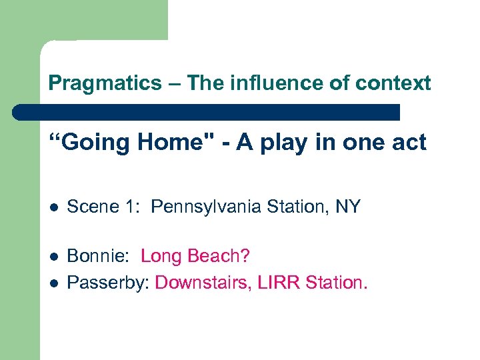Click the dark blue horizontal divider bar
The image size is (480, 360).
tap(206, 112)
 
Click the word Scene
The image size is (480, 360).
tap(89, 207)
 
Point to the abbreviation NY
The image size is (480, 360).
tap(347, 207)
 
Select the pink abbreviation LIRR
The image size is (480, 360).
tap(282, 282)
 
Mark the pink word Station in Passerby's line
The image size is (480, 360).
tap(336, 282)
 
